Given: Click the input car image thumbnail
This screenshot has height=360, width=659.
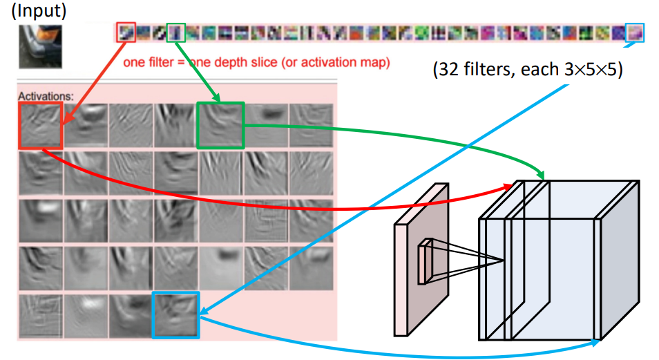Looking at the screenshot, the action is tap(39, 47).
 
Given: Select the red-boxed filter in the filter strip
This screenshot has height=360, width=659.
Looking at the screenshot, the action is tap(126, 32).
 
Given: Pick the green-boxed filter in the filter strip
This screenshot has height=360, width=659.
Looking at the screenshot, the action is tap(176, 32).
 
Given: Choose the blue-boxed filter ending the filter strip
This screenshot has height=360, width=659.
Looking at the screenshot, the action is tap(634, 32).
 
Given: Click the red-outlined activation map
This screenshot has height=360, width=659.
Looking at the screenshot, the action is tap(40, 125).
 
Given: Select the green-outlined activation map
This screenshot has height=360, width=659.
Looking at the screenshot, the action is tap(221, 125).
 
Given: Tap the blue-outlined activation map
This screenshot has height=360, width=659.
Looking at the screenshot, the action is tap(175, 315).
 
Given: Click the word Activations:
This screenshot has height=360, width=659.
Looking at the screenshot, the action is tap(46, 95).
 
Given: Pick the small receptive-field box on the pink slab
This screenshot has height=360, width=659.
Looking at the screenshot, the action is tap(425, 261).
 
